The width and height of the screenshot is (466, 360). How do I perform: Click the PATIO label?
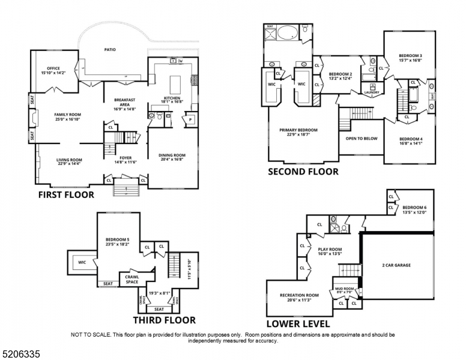click(x=109, y=50)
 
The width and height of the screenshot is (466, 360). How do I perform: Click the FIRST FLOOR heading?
click(x=67, y=194)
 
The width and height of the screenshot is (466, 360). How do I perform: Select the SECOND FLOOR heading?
click(x=303, y=172)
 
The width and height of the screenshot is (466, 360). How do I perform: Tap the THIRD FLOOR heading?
click(x=164, y=320)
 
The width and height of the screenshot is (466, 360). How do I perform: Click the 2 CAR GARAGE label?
click(x=396, y=265)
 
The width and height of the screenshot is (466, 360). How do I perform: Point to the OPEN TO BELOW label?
click(x=362, y=138)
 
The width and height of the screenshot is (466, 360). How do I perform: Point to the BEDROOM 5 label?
click(x=117, y=240)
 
